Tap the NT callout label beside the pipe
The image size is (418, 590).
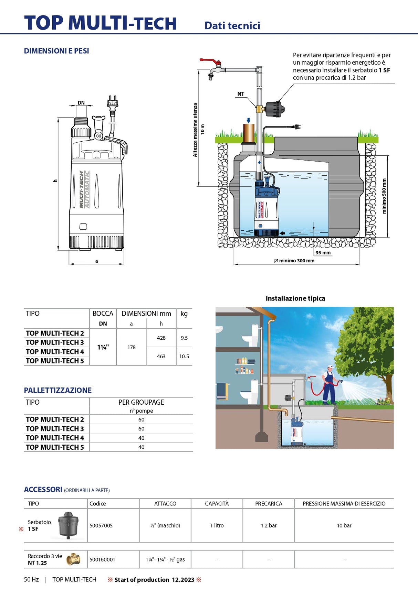click(241, 94)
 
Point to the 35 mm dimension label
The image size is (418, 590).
click(323, 253)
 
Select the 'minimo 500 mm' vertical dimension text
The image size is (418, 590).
click(384, 196)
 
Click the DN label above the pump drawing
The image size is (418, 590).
click(81, 103)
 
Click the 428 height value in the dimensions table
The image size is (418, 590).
click(161, 338)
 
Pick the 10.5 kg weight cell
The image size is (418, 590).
click(184, 357)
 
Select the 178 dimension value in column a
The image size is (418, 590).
click(132, 347)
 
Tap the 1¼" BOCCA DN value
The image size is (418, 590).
click(103, 347)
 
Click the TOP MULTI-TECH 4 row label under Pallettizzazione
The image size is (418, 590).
click(55, 438)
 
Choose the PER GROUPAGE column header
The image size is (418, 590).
click(141, 402)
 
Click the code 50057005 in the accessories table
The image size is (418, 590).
click(101, 525)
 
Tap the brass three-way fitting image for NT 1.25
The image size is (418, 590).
click(73, 559)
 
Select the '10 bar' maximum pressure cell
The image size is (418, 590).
click(344, 525)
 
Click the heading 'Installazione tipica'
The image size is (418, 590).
click(295, 298)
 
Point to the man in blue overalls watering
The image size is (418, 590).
click(329, 385)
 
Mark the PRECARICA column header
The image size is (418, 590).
click(269, 504)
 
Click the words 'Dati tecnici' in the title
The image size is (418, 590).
click(232, 26)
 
